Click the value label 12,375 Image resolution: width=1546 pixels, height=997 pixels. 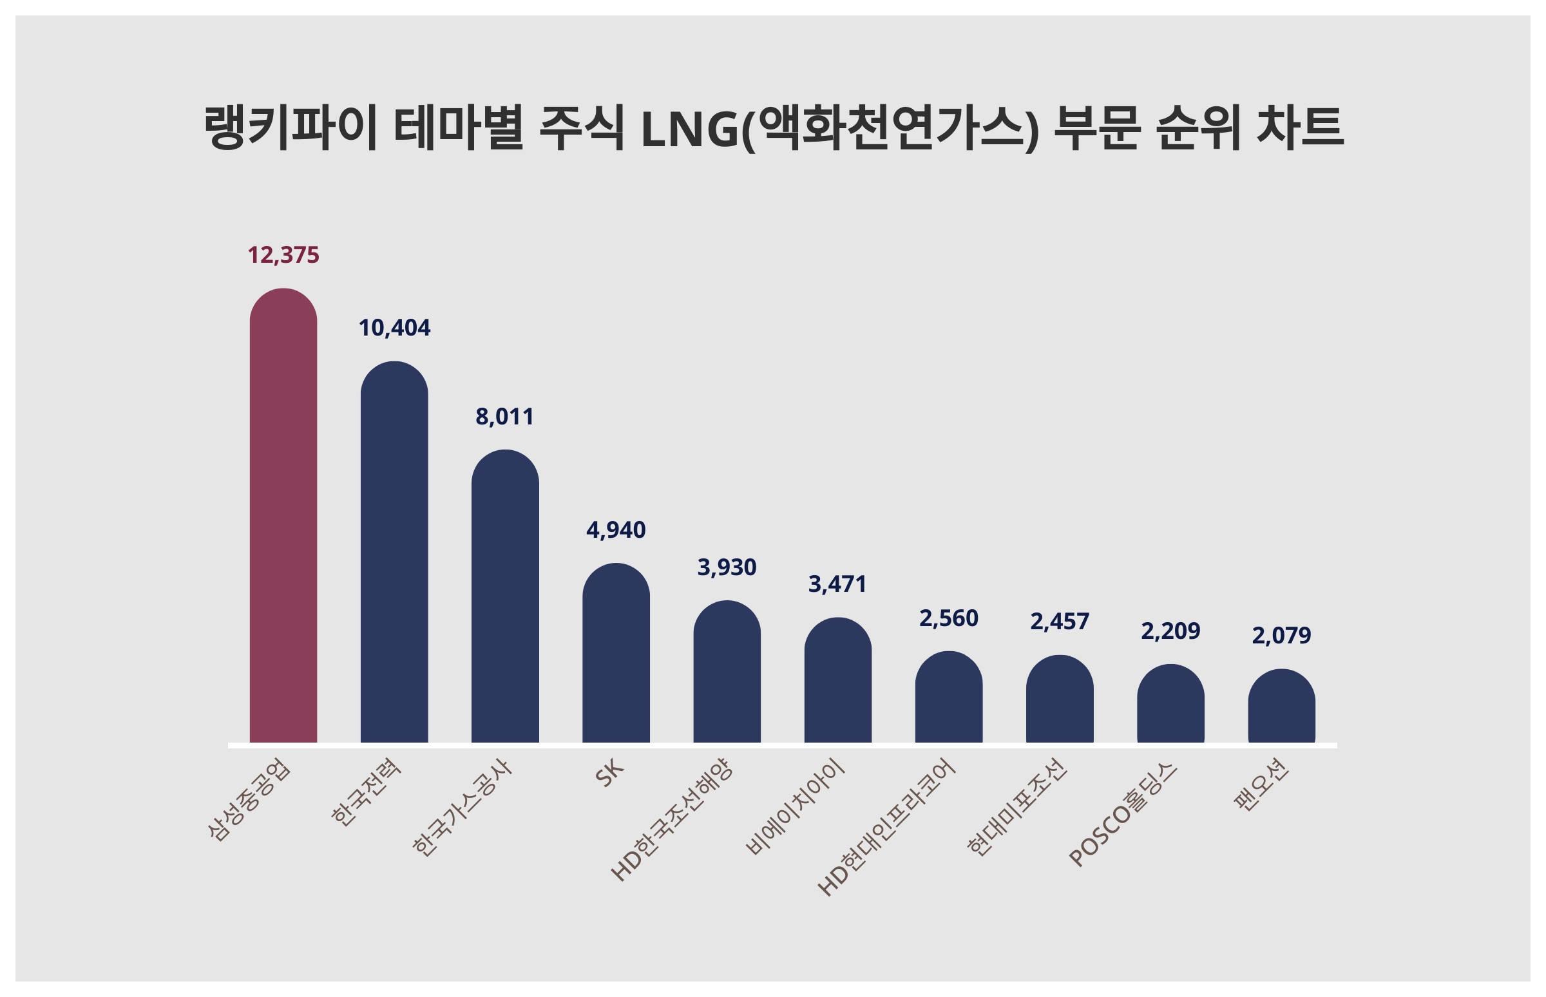[283, 255]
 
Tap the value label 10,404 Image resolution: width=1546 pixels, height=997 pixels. [394, 328]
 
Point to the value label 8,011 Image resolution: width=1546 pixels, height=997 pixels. [505, 417]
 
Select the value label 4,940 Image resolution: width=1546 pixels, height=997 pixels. [616, 530]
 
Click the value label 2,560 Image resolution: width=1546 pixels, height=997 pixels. [948, 618]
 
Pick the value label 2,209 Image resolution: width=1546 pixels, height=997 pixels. [1170, 631]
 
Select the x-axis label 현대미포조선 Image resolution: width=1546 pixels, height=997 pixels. [1016, 806]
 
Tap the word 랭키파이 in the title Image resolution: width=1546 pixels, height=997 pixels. [290, 128]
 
